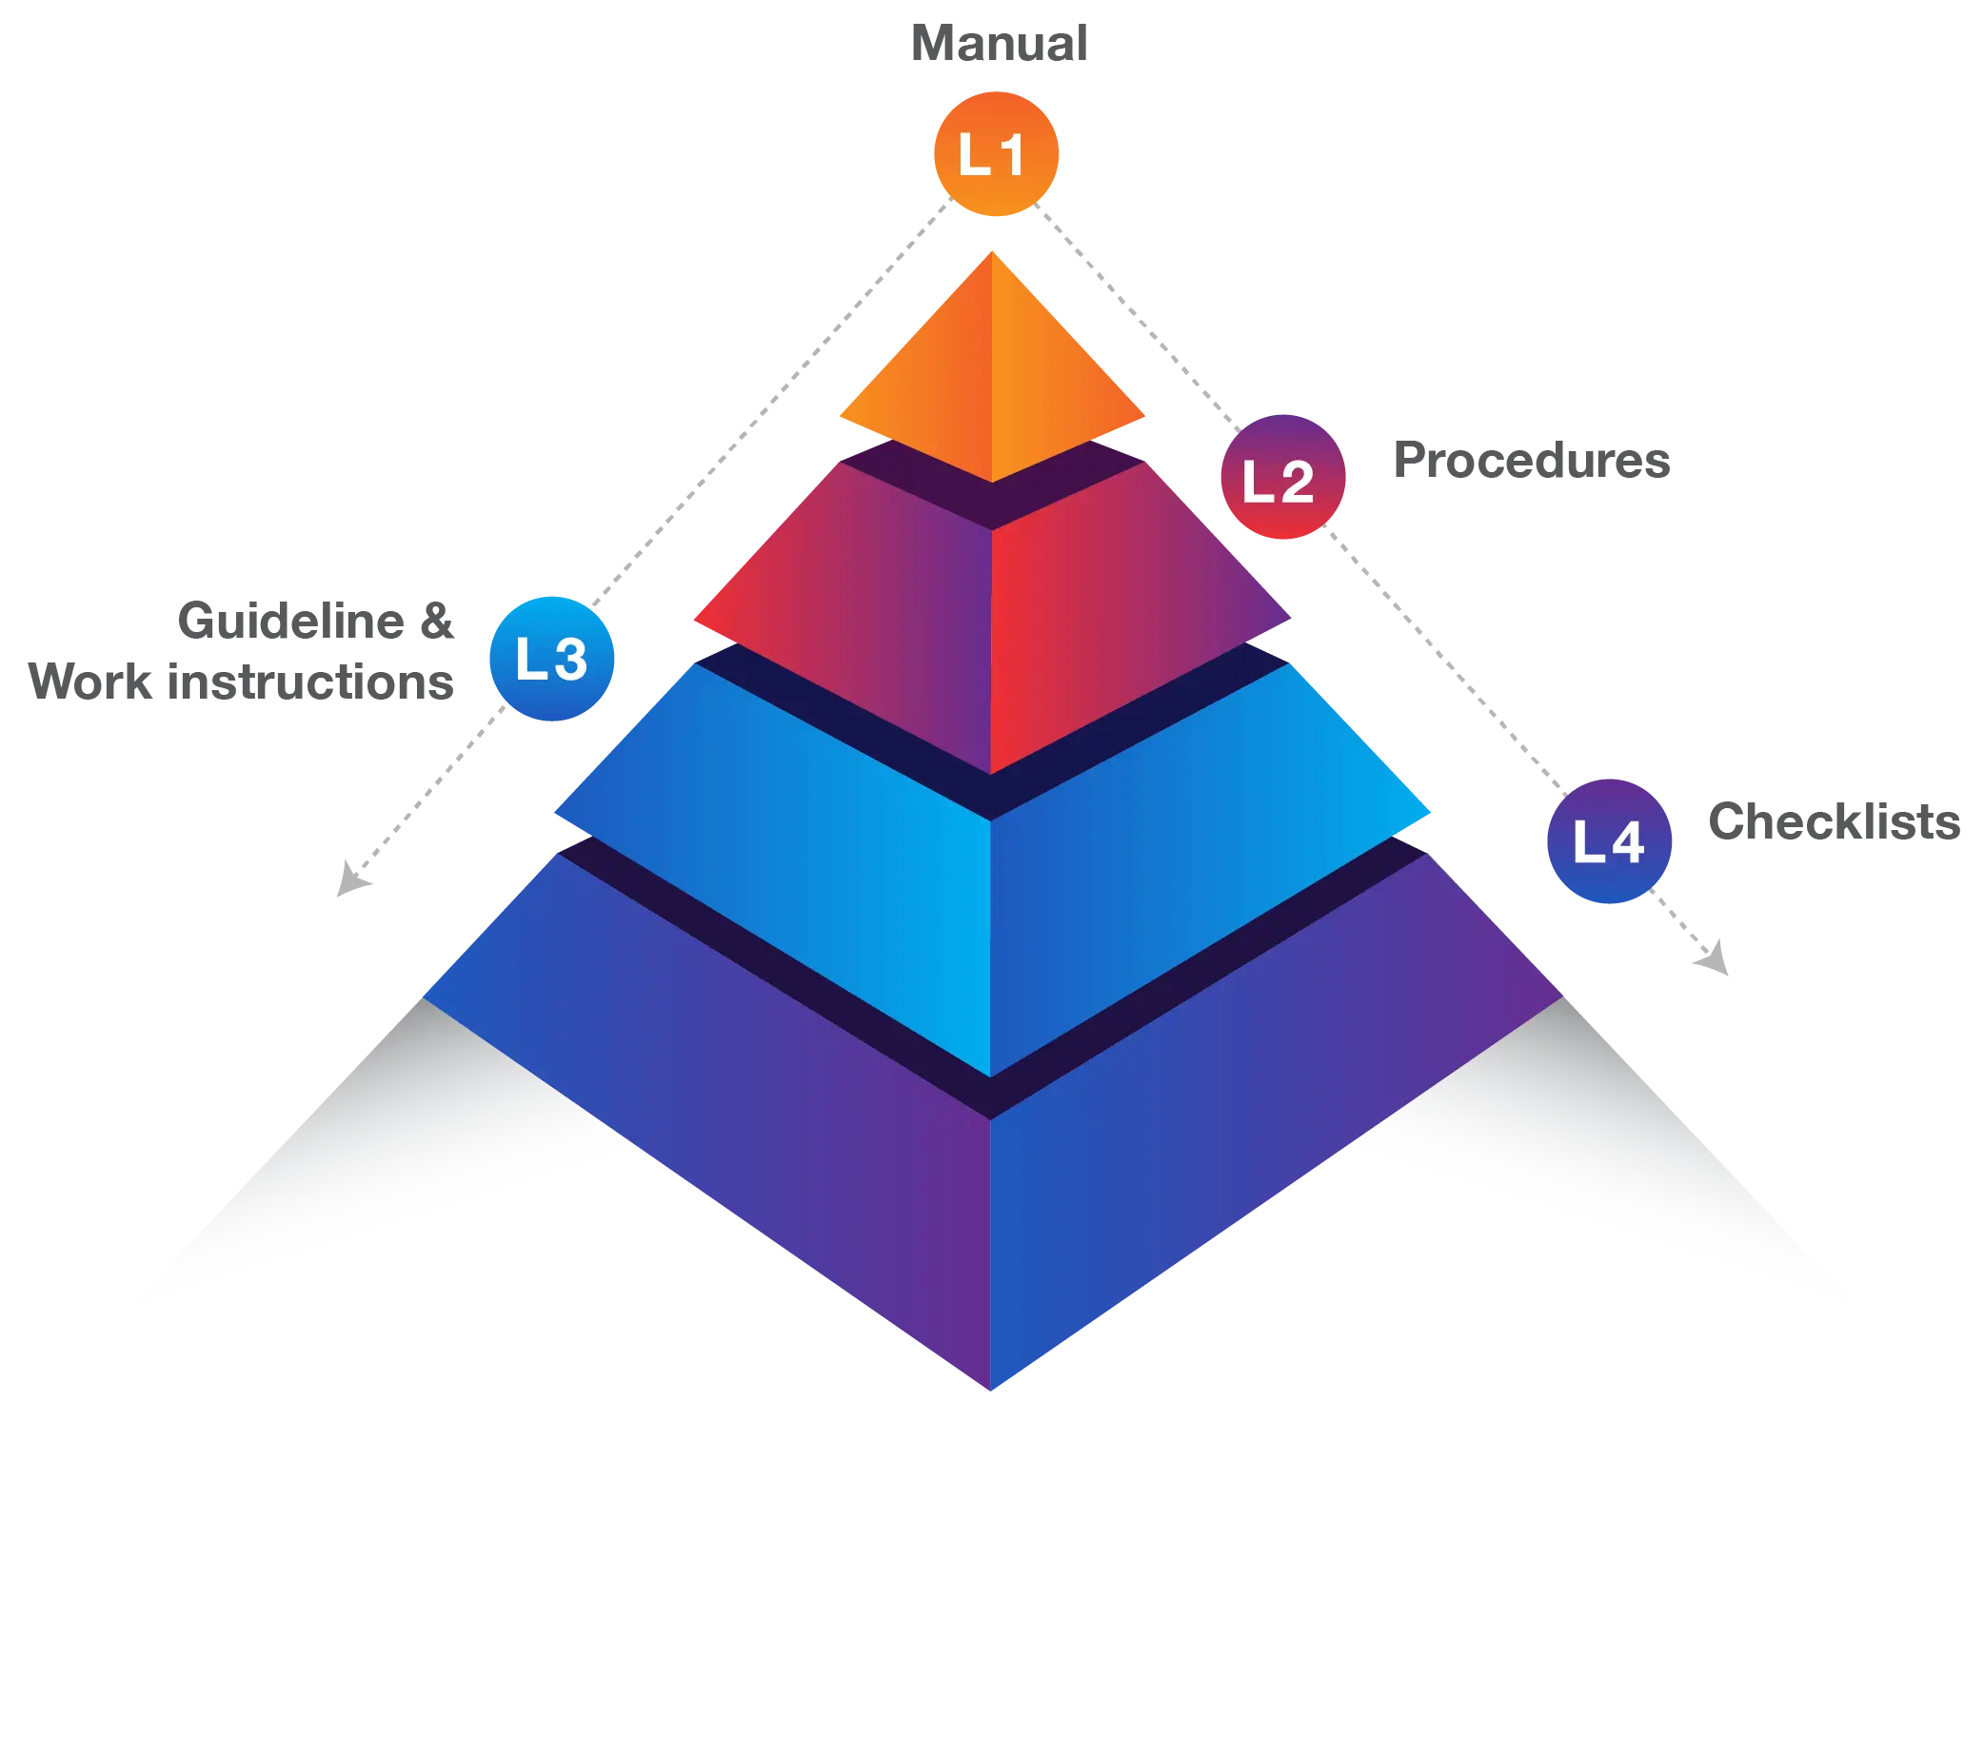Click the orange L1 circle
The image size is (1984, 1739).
(x=994, y=153)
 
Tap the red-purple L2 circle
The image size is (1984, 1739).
(x=1281, y=477)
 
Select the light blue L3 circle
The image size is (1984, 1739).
(x=551, y=658)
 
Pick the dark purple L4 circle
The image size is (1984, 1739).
(x=1608, y=840)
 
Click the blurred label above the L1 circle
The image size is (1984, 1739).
(x=997, y=43)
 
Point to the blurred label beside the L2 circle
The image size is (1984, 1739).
(x=1533, y=459)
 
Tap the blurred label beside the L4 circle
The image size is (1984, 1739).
(x=1834, y=823)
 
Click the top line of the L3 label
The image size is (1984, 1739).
(x=315, y=620)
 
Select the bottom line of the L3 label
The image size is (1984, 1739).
(x=240, y=682)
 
